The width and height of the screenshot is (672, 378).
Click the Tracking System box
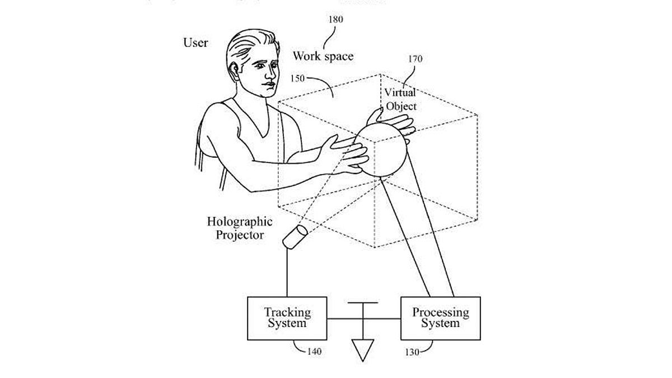click(287, 318)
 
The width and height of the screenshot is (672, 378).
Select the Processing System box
click(440, 318)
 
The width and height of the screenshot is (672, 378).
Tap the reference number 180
click(336, 20)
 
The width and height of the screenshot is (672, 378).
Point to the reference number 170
click(416, 59)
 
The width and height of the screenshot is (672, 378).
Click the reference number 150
click(297, 78)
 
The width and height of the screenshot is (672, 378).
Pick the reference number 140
click(315, 352)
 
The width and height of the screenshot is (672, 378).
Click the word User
click(195, 43)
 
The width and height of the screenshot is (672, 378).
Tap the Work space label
click(323, 57)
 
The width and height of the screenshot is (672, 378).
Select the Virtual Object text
click(400, 99)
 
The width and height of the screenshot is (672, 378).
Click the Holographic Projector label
click(239, 228)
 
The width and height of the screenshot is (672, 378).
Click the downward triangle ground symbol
click(363, 350)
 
